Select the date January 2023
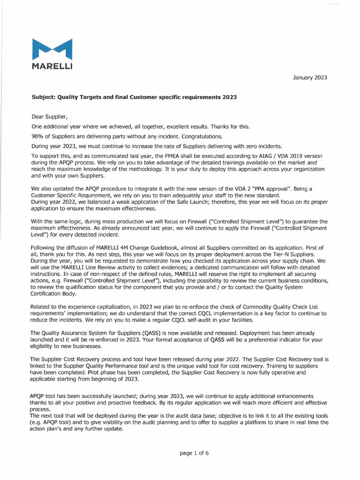click(310, 77)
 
